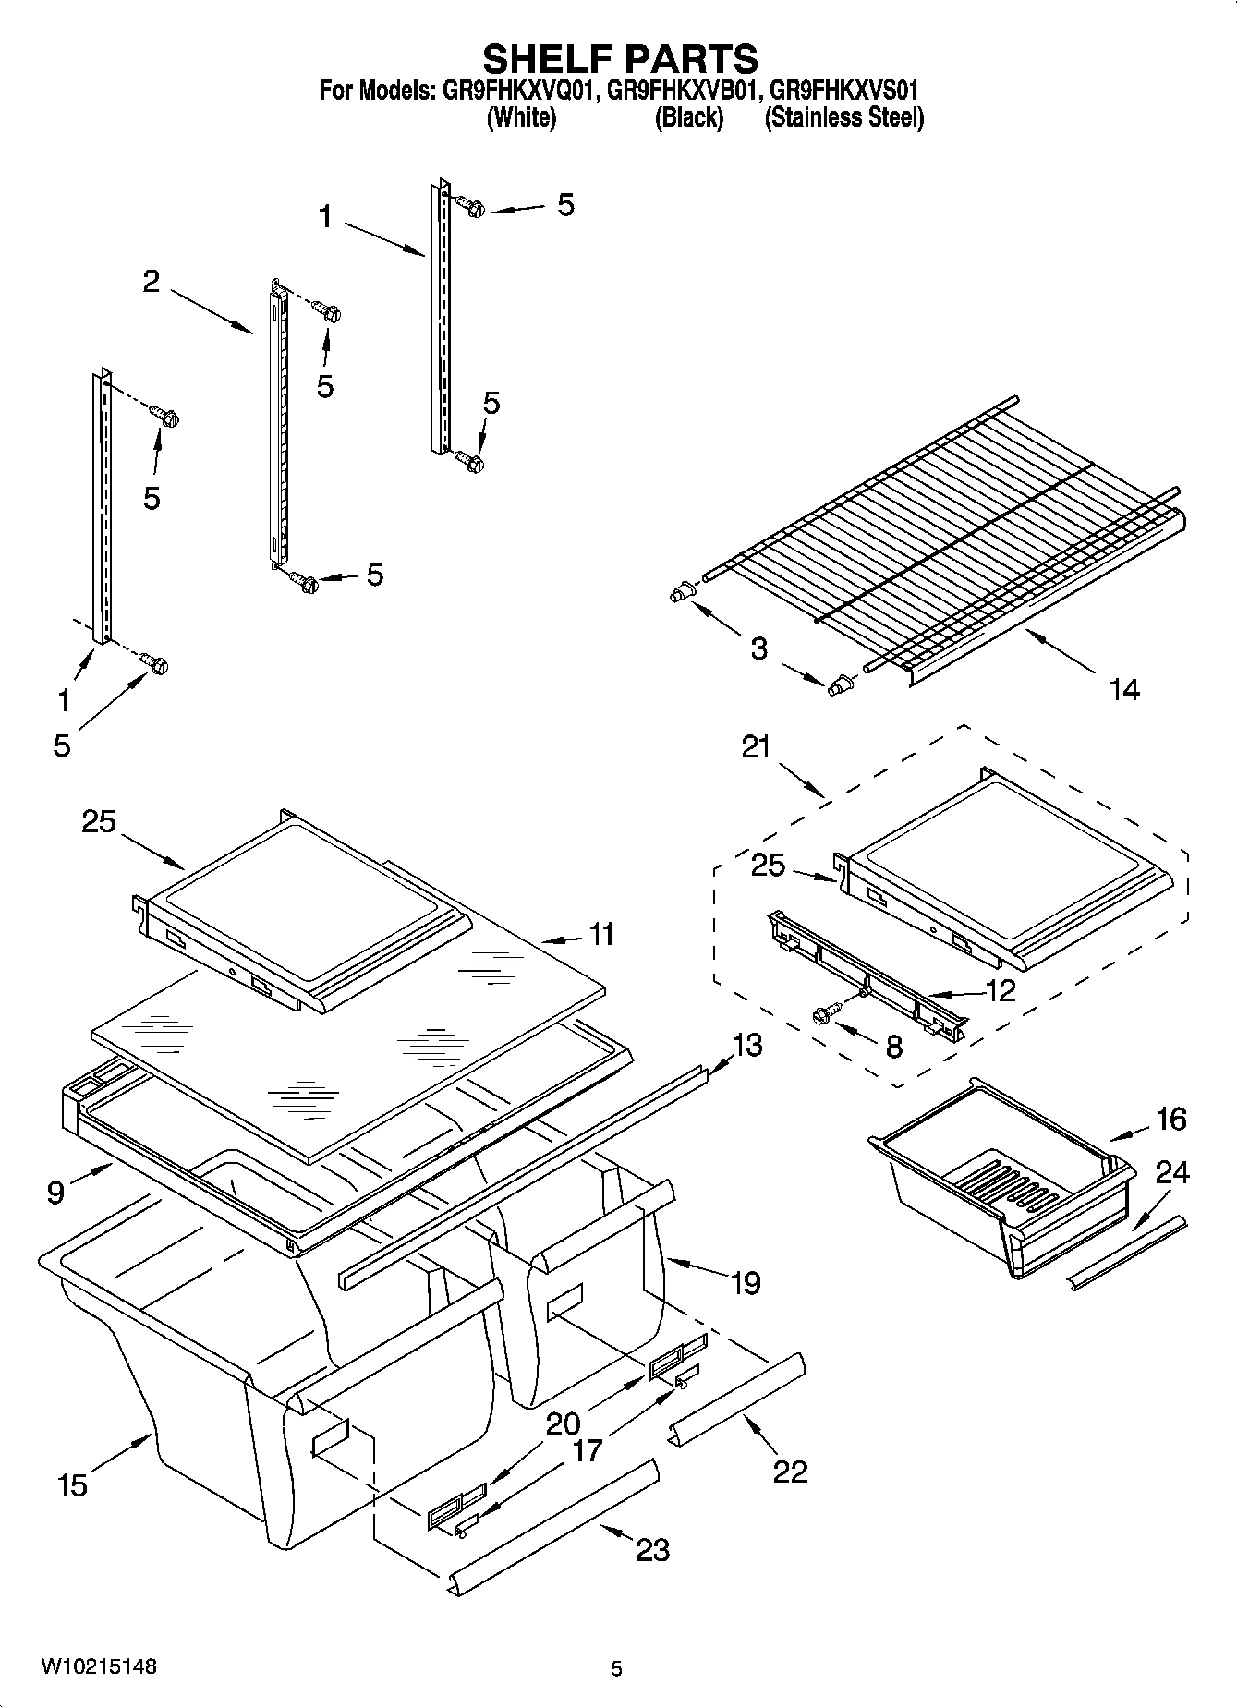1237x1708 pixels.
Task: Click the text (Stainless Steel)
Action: pos(843,118)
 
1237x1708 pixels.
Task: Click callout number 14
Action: pos(1124,689)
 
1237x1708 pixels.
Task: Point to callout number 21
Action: pos(756,746)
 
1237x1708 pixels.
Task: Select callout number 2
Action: pos(152,281)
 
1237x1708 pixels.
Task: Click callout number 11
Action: pos(601,934)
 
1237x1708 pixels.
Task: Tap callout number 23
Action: pos(652,1549)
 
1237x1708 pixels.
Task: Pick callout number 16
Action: pos(1170,1119)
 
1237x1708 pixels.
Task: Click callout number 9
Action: pos(55,1193)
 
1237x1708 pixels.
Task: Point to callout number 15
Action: pos(72,1485)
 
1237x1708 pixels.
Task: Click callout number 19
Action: pos(746,1282)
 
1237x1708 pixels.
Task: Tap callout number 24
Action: pos(1172,1172)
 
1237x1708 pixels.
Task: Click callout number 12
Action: pos(1001,990)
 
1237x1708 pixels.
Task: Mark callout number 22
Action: pos(790,1471)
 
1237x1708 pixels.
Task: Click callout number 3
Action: pos(758,648)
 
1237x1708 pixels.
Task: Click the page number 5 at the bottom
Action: pos(617,1668)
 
